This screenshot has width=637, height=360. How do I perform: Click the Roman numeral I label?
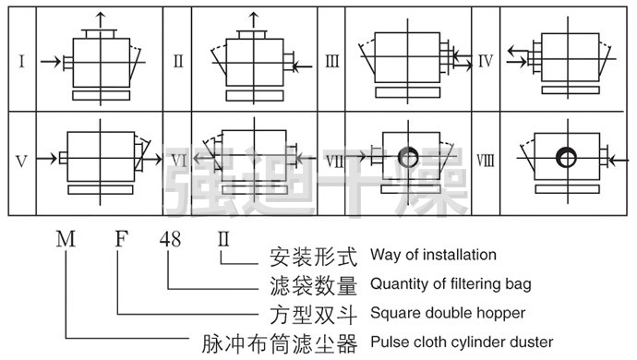pyautogui.click(x=22, y=61)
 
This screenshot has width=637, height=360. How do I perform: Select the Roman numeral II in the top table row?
pyautogui.click(x=178, y=61)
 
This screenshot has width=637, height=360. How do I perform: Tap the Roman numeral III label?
pyautogui.click(x=332, y=61)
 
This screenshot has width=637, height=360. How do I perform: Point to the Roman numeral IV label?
pyautogui.click(x=486, y=61)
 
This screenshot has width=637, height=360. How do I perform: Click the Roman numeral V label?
pyautogui.click(x=22, y=162)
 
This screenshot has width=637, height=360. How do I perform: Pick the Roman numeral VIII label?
pyautogui.click(x=486, y=161)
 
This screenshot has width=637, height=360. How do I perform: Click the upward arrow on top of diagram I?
pyautogui.click(x=101, y=20)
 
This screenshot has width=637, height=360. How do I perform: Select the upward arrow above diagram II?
pyautogui.click(x=254, y=20)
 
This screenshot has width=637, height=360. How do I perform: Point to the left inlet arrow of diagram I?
pyautogui.click(x=51, y=62)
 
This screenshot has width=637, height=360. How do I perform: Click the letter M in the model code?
pyautogui.click(x=66, y=239)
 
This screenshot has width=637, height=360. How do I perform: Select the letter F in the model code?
pyautogui.click(x=122, y=239)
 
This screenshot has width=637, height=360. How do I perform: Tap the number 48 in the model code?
pyautogui.click(x=170, y=239)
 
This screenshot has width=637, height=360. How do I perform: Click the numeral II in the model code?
pyautogui.click(x=223, y=239)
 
